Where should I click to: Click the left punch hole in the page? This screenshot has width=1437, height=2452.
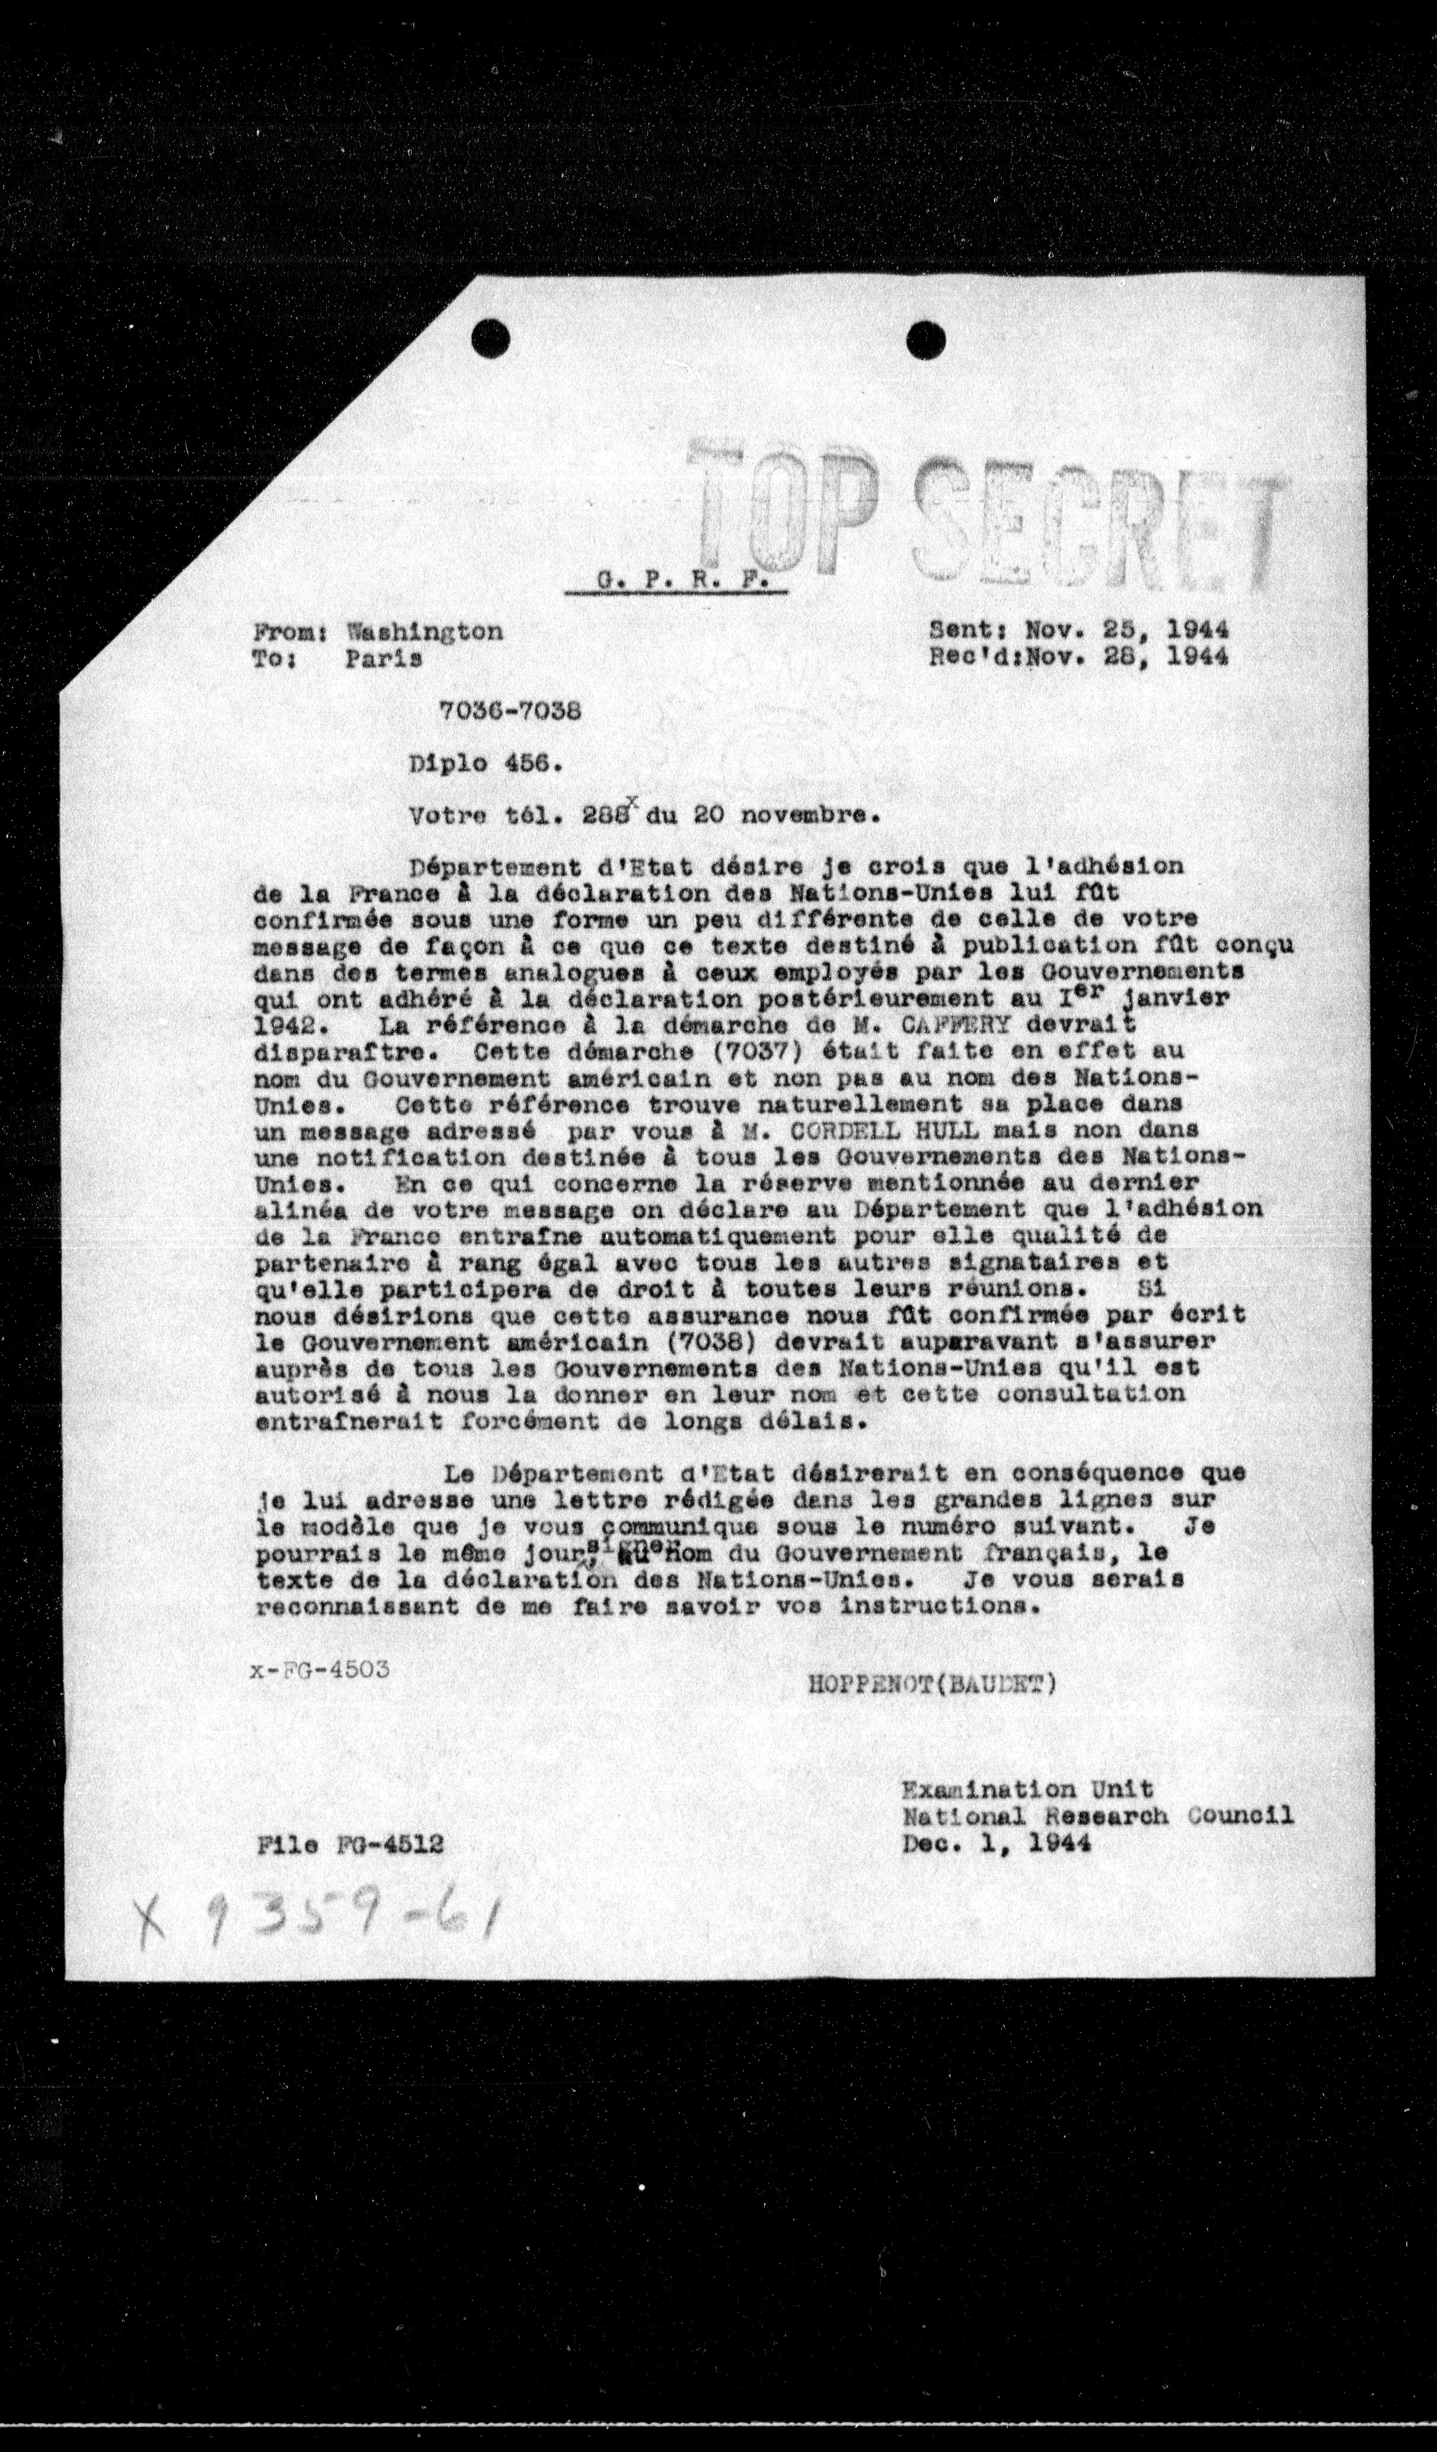click(x=490, y=340)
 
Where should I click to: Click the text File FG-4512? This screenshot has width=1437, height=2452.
click(x=351, y=1845)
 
